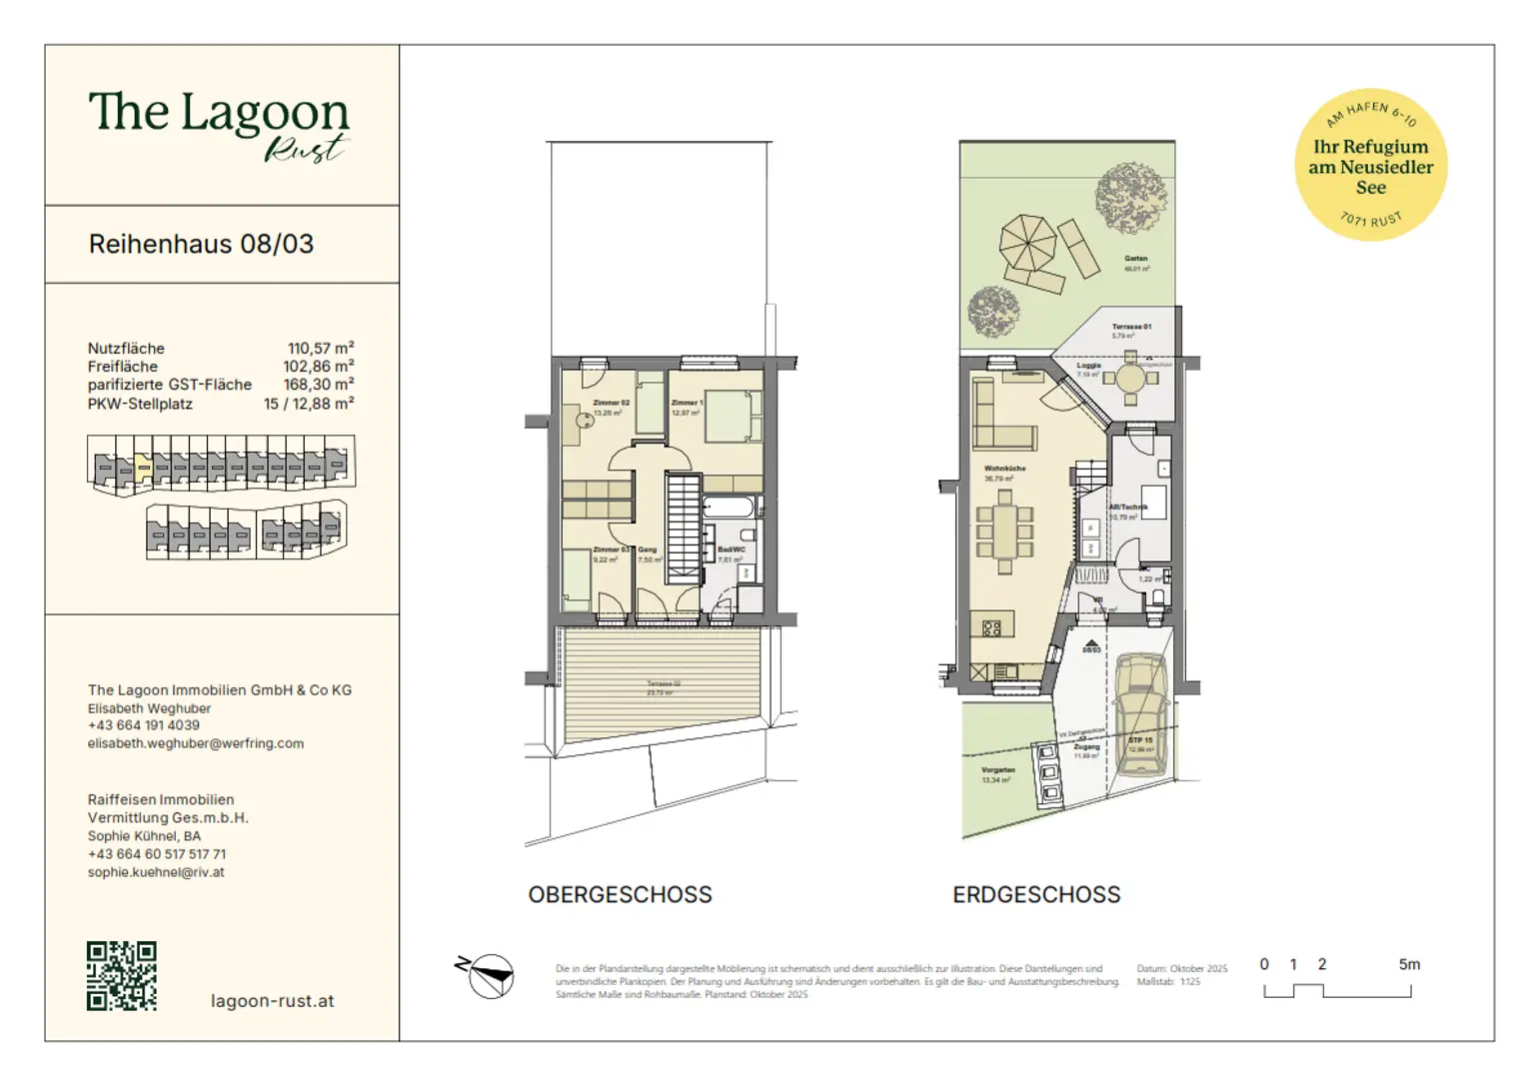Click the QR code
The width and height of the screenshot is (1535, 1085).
click(121, 975)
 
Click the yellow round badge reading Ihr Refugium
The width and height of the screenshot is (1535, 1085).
click(1370, 165)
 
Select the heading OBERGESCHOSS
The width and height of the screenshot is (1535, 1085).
click(620, 894)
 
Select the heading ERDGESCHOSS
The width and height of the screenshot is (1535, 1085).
click(1036, 894)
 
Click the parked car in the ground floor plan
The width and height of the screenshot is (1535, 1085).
click(1140, 713)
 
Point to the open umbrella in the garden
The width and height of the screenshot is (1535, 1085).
click(1027, 243)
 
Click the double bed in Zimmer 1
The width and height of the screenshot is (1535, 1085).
click(734, 417)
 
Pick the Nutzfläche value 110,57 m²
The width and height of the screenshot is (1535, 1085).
click(321, 348)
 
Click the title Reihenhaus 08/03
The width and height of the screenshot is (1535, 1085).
click(201, 244)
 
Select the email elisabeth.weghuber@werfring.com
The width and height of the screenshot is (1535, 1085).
click(196, 743)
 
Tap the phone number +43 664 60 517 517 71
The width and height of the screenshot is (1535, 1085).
click(157, 854)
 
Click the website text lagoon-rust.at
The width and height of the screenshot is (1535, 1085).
click(272, 1000)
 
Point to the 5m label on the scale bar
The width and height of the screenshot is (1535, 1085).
click(1408, 964)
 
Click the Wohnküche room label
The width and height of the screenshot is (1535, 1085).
click(1004, 468)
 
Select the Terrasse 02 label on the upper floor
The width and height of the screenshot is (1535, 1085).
click(663, 684)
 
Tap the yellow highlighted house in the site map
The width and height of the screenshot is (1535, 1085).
click(143, 466)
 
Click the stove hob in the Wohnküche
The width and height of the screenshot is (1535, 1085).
click(991, 628)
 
